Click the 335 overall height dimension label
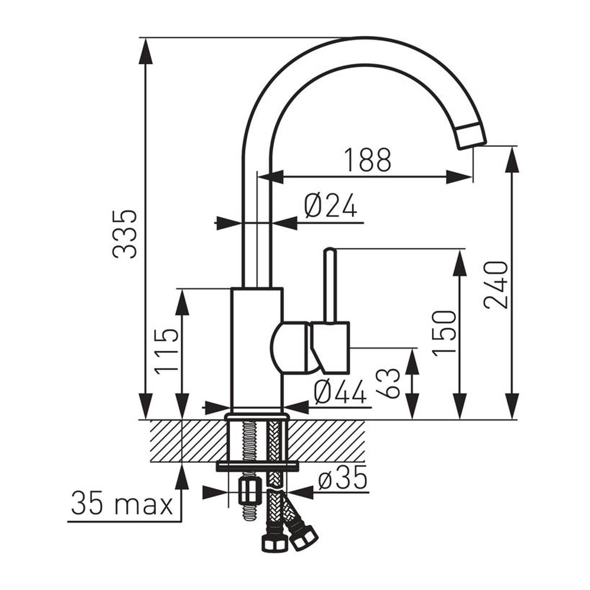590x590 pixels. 124,234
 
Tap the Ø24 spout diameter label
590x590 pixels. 330,206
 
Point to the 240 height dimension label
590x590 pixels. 496,284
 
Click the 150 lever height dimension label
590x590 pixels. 444,333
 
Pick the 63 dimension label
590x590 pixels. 388,383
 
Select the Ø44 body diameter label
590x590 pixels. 340,391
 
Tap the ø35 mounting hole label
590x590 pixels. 342,478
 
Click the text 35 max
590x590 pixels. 122,503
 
